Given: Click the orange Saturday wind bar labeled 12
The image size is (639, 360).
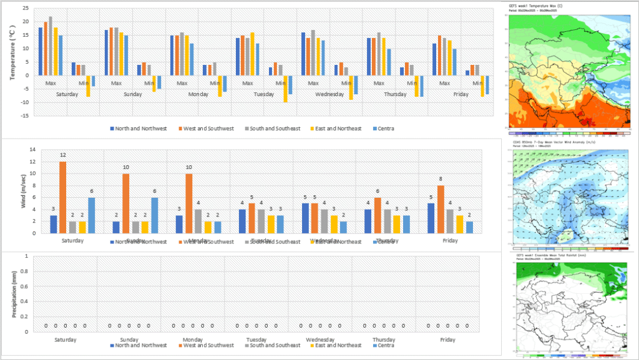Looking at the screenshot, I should [63, 197].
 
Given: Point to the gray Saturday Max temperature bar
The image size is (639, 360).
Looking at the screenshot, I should [51, 46].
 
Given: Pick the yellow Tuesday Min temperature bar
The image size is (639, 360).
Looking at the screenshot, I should [285, 89].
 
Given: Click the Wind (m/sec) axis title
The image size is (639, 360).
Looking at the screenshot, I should [14, 190].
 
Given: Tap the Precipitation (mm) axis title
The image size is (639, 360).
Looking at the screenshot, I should [14, 293].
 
